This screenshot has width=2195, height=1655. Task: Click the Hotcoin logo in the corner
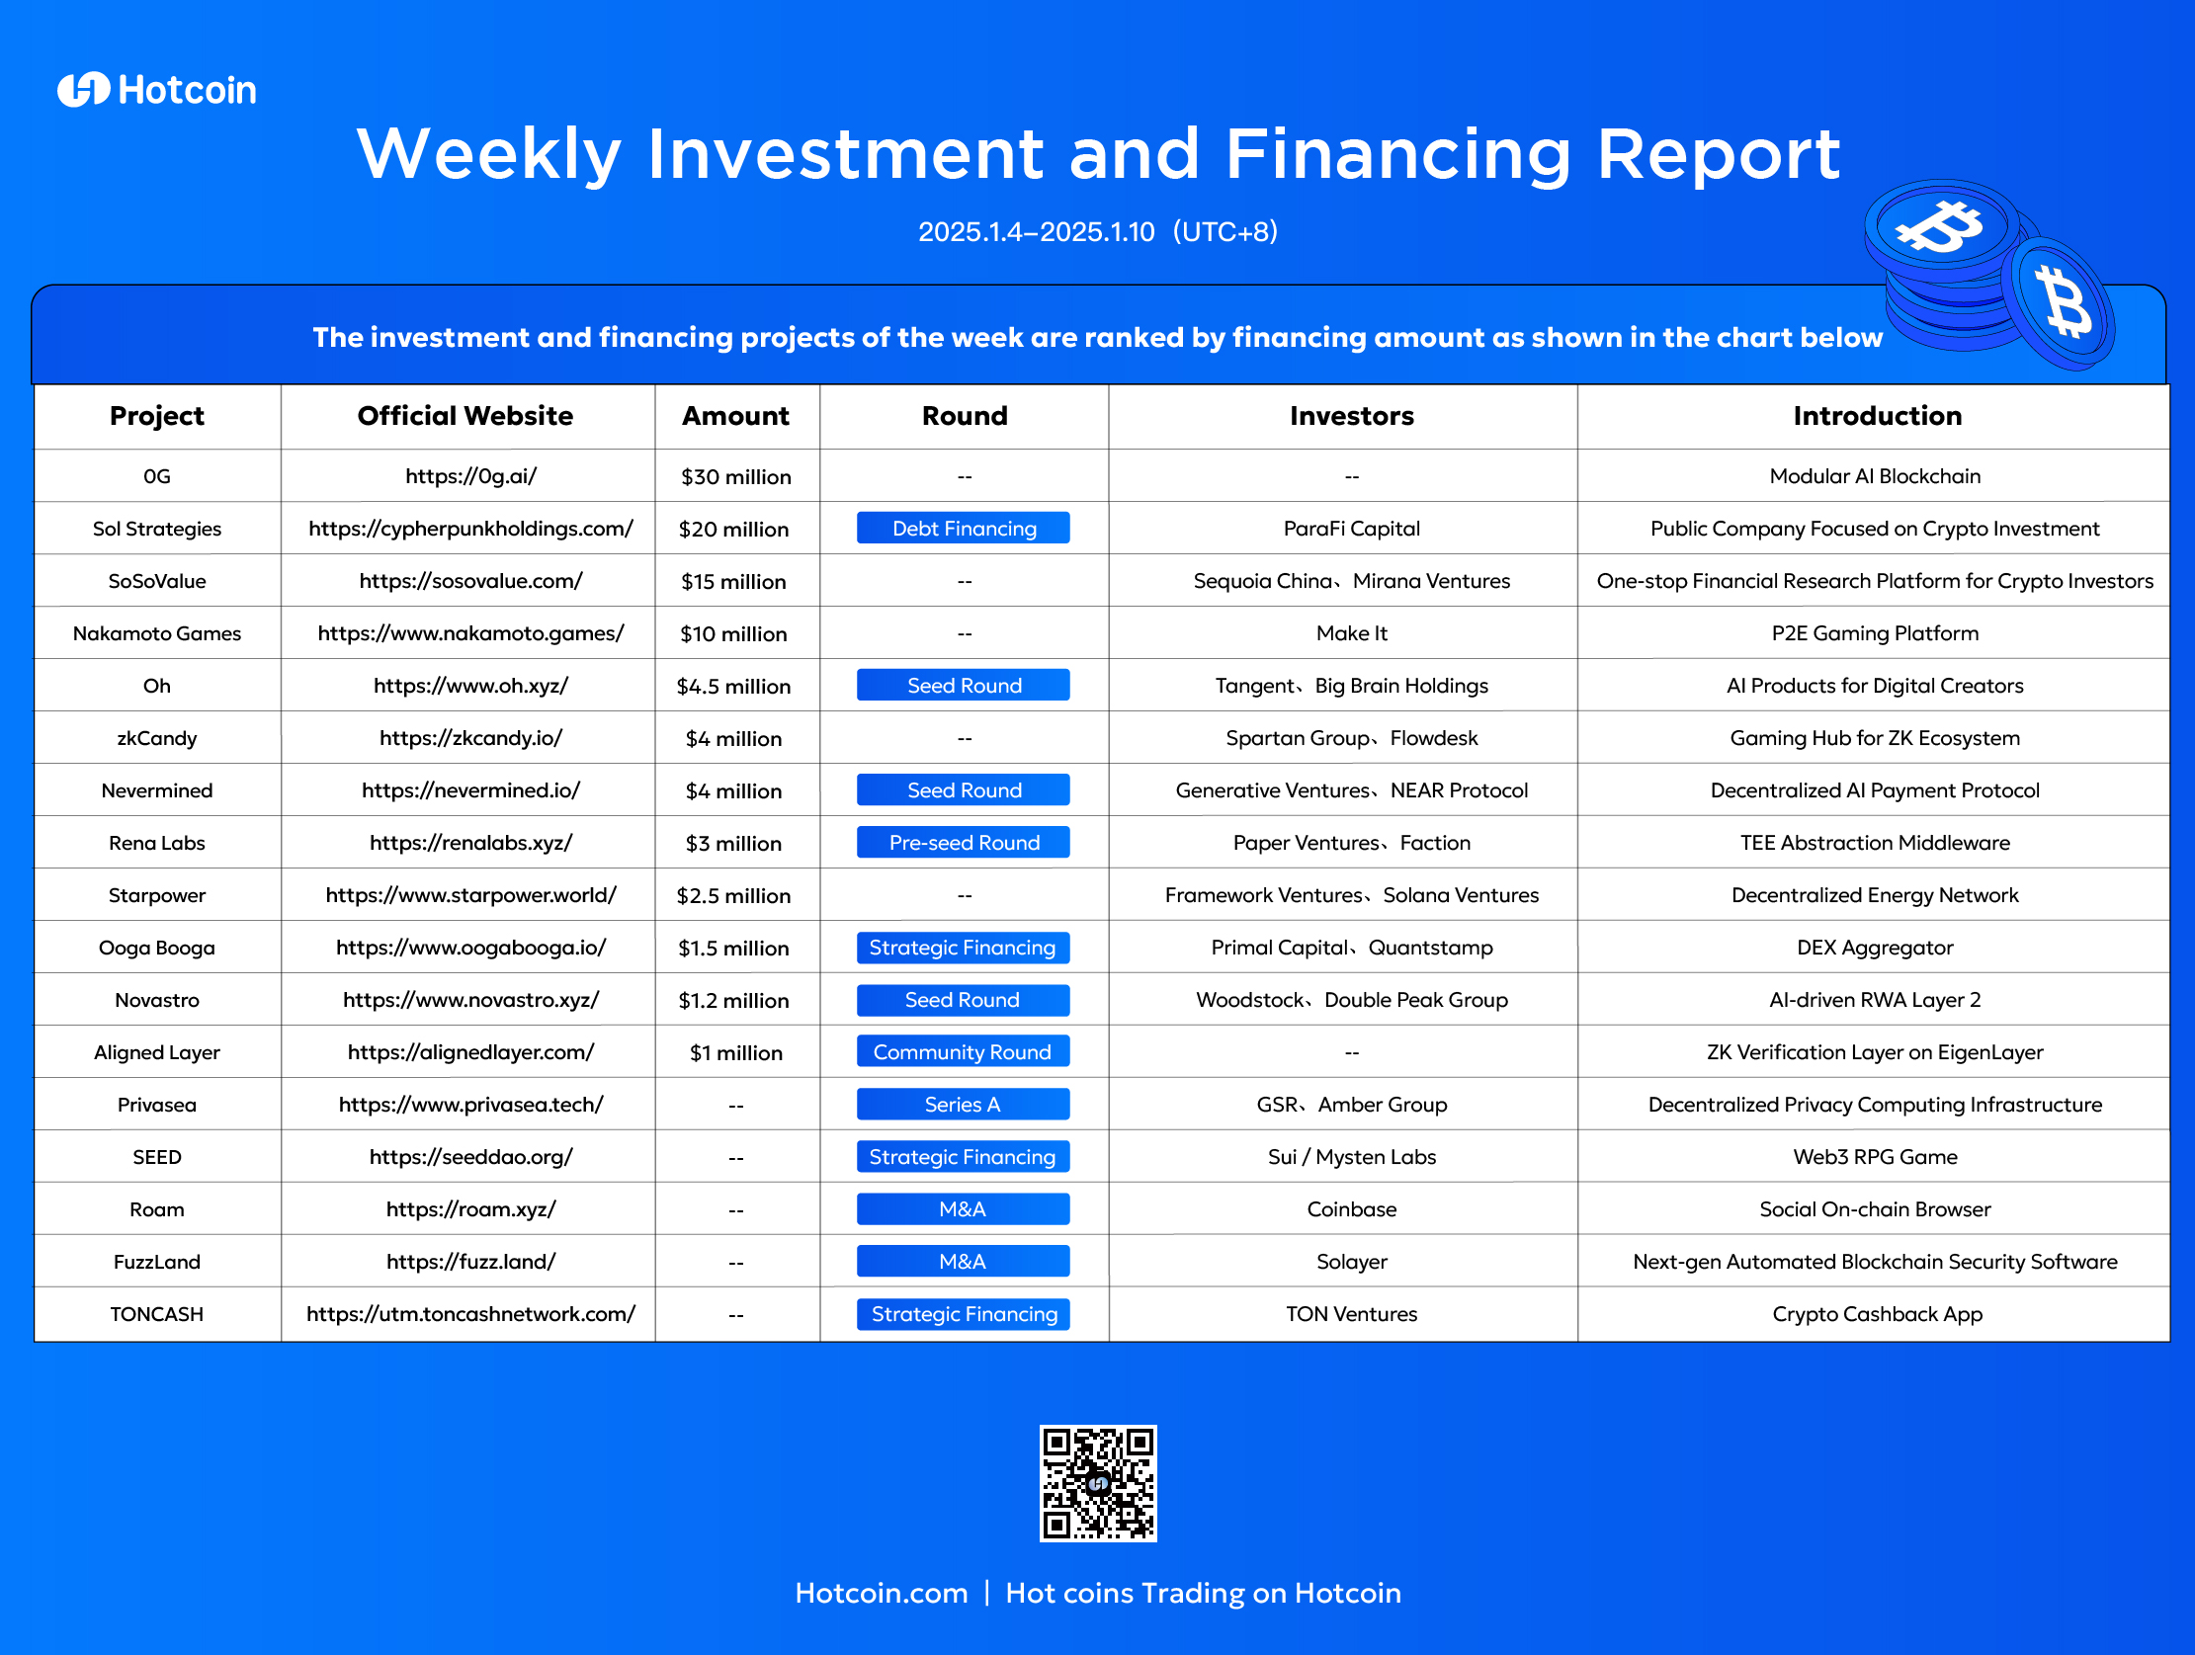click(x=157, y=90)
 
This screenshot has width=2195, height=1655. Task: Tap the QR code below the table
click(x=1097, y=1483)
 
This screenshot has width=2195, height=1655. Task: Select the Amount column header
click(x=735, y=416)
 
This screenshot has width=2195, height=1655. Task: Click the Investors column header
click(x=1352, y=416)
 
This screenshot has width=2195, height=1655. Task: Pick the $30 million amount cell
click(x=735, y=476)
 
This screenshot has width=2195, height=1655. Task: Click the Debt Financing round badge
click(x=964, y=528)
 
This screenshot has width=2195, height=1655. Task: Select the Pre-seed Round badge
click(x=964, y=843)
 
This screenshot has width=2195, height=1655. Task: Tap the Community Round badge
click(x=964, y=1051)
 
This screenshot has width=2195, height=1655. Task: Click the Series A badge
click(x=964, y=1105)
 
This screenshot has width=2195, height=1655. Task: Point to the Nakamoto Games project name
click(x=157, y=633)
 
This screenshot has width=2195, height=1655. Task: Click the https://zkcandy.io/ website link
click(x=470, y=738)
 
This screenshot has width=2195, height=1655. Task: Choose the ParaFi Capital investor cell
click(x=1352, y=529)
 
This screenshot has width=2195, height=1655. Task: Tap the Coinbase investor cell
click(x=1352, y=1209)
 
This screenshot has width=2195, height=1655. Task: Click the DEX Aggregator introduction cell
click(x=1875, y=948)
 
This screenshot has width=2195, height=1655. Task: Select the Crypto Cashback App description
click(x=1877, y=1314)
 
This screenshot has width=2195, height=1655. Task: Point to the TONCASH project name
click(x=157, y=1314)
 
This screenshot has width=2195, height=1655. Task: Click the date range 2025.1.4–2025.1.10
click(x=1036, y=231)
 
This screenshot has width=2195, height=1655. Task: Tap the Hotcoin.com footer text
click(x=882, y=1593)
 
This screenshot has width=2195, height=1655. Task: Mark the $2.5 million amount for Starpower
click(x=733, y=895)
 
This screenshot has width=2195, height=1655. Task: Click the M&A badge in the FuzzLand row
click(x=964, y=1261)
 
